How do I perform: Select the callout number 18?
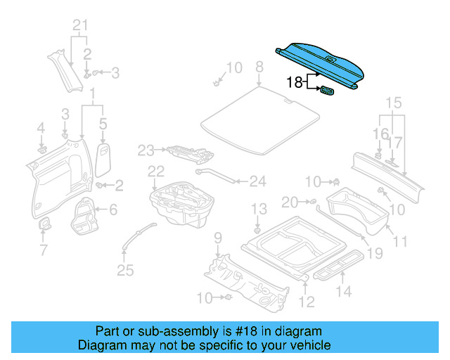[x=295, y=82]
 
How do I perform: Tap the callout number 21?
[x=82, y=27]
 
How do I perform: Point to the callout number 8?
[x=259, y=67]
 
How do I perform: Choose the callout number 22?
[x=155, y=171]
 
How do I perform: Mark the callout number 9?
[x=218, y=237]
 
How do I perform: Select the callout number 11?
[x=400, y=242]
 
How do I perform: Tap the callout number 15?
[x=392, y=103]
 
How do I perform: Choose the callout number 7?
[x=43, y=250]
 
